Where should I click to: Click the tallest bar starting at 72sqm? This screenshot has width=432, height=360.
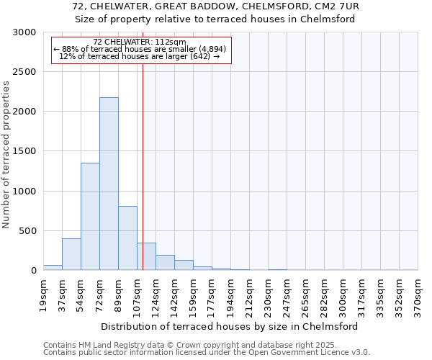click(x=109, y=184)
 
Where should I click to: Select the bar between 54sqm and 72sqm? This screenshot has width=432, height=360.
click(x=90, y=216)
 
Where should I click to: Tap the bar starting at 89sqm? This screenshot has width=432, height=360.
click(x=127, y=238)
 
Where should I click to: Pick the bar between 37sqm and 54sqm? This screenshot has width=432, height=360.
click(x=71, y=254)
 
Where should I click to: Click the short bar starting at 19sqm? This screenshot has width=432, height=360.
click(x=53, y=267)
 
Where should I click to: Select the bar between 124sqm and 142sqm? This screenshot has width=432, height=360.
click(x=165, y=263)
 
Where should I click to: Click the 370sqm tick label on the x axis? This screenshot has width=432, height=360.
click(x=418, y=294)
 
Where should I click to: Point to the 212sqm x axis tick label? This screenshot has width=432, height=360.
click(x=249, y=294)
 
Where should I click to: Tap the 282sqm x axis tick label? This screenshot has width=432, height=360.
click(x=324, y=294)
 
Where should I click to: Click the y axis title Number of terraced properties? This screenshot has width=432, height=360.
click(x=6, y=155)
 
